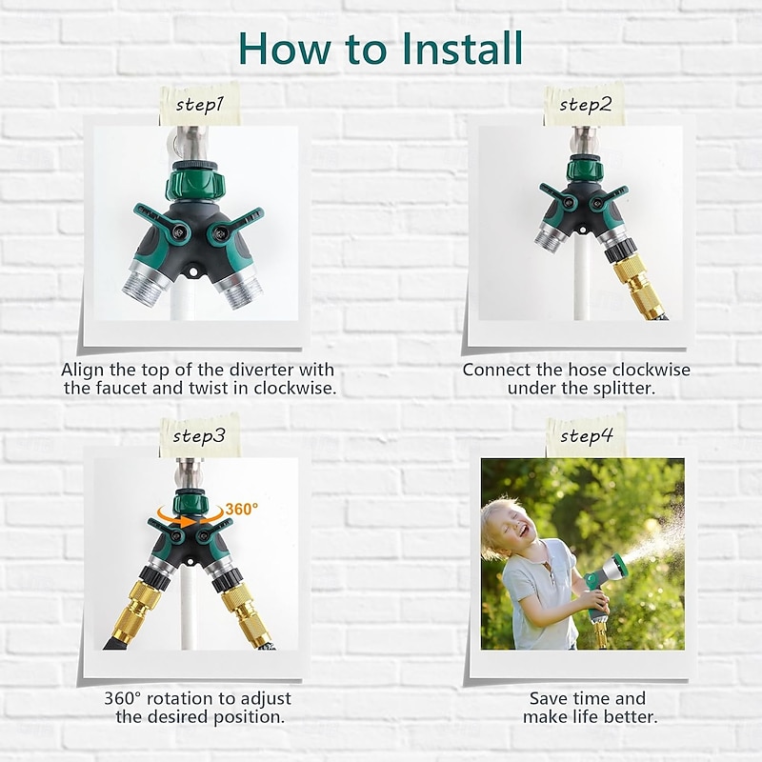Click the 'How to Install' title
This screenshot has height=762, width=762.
381,48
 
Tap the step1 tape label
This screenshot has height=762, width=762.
199,106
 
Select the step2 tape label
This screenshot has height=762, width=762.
584,105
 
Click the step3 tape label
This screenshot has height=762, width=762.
199,436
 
